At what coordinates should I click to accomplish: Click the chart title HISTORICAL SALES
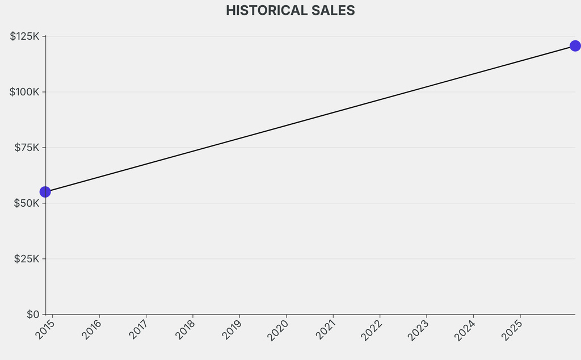click(x=290, y=10)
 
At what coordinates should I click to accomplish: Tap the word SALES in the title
click(x=332, y=10)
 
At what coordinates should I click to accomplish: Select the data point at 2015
click(x=45, y=192)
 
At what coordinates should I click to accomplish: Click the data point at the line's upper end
click(x=575, y=46)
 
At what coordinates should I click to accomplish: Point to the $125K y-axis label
click(x=24, y=36)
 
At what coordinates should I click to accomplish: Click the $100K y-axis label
click(x=24, y=92)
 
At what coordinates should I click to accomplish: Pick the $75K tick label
click(x=27, y=148)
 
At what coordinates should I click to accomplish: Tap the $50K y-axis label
click(x=27, y=203)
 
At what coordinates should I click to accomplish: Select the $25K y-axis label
click(x=27, y=259)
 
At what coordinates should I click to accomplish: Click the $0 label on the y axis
click(x=33, y=314)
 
